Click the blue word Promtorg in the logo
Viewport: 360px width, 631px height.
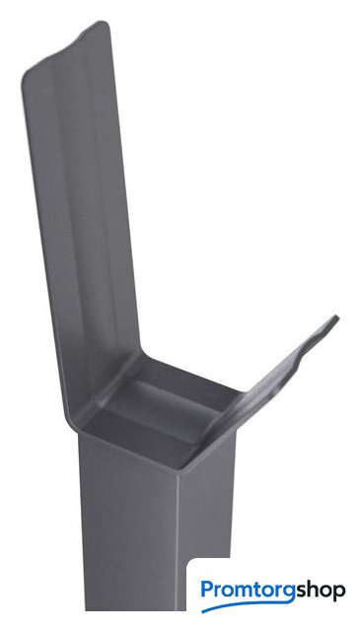[249, 592]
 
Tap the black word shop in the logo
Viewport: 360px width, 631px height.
[321, 592]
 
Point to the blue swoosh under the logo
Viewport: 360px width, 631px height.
[248, 605]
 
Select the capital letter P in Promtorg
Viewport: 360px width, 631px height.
[207, 590]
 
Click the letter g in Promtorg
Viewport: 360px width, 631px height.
[290, 594]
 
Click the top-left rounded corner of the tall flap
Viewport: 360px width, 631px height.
[24, 77]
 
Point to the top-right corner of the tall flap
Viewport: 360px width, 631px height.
[106, 24]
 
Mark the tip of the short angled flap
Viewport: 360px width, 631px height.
[336, 318]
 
